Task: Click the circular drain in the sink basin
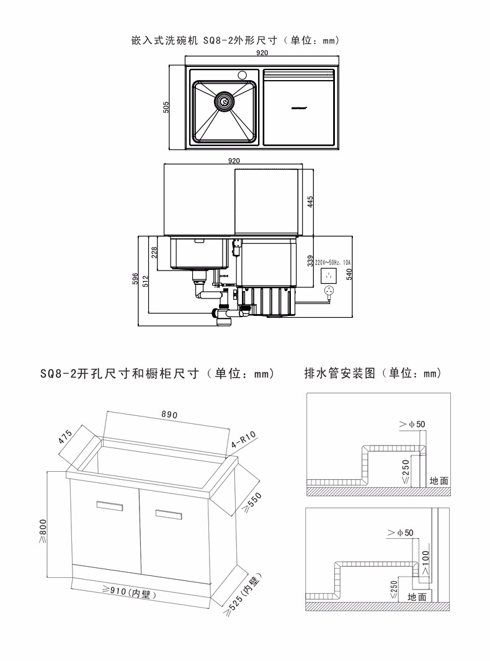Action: (x=224, y=101)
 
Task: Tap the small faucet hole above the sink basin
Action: (x=241, y=74)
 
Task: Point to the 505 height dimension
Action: (x=166, y=107)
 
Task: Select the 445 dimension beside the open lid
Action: (x=310, y=201)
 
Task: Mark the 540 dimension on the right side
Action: (x=349, y=274)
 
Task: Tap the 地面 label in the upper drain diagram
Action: (x=439, y=480)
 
